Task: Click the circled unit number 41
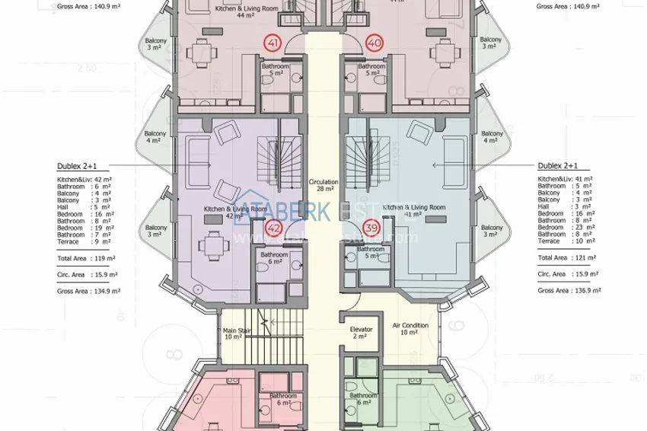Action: pos(273,43)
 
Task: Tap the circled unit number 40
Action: pos(374,43)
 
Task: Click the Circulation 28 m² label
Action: pos(323,186)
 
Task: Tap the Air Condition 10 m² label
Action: pos(410,329)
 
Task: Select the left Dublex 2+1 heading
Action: pos(77,165)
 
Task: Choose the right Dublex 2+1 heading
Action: pos(558,165)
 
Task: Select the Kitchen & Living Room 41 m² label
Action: pos(413,211)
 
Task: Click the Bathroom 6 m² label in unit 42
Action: pos(273,258)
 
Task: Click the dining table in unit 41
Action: pos(201,53)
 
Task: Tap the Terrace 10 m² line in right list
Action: pos(562,241)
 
